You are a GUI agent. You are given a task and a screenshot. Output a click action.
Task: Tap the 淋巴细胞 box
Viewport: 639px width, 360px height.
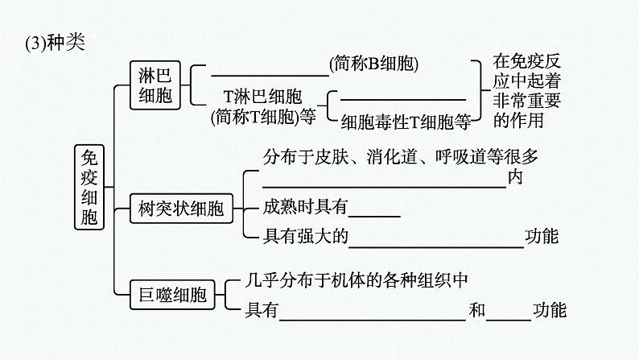(155, 84)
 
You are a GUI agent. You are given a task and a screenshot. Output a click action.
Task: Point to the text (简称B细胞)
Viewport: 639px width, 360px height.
(375, 63)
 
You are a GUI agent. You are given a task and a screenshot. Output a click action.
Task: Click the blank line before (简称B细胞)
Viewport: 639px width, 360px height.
(269, 74)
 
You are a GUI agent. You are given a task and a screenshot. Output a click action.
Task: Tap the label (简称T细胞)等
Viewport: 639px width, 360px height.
(263, 118)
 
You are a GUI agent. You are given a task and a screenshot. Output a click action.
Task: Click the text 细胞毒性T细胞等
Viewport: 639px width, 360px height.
(405, 122)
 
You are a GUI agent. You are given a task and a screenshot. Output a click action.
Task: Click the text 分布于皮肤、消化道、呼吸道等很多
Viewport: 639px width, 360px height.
(400, 157)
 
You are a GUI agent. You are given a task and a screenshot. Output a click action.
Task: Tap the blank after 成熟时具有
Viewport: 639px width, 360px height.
(374, 215)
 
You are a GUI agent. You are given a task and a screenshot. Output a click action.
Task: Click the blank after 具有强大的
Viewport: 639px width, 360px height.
(437, 244)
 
